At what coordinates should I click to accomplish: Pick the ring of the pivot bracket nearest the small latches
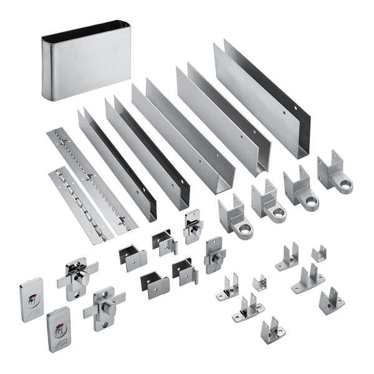244,227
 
